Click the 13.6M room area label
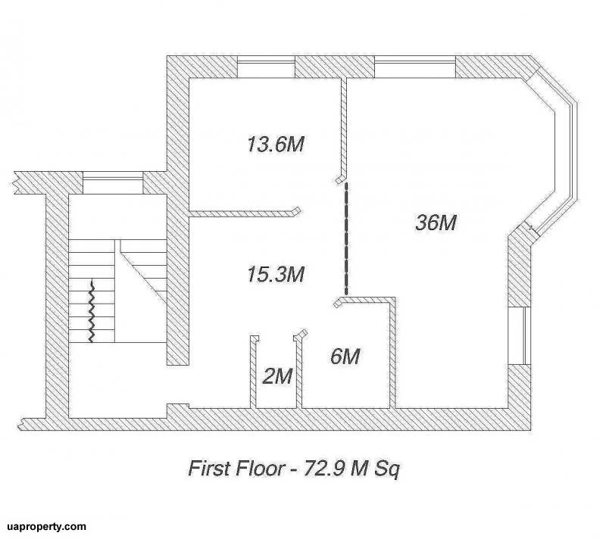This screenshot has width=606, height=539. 276,144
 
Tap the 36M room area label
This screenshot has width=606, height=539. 436,223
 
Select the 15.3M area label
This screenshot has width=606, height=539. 276,274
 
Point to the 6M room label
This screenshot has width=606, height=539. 345,356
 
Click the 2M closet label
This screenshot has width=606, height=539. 277,376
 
